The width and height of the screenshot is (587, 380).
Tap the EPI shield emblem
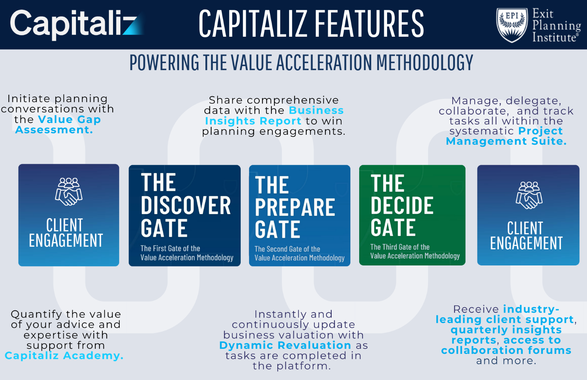(x=512, y=25)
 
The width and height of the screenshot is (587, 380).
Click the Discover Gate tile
(x=185, y=216)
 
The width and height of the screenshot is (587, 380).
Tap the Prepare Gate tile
(x=299, y=216)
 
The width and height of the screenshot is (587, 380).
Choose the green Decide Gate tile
(x=412, y=215)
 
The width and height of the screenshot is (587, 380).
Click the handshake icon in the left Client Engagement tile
(x=69, y=192)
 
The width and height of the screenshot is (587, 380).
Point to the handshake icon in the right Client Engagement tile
(x=529, y=195)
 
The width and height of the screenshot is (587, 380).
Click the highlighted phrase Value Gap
(x=69, y=119)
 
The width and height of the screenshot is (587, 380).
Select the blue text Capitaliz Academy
(x=64, y=355)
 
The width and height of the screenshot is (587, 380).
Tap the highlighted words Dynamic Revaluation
(x=285, y=345)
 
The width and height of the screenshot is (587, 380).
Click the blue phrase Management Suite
(x=506, y=141)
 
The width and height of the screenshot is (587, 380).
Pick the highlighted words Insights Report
(x=253, y=121)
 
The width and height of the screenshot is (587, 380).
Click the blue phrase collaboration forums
(x=506, y=350)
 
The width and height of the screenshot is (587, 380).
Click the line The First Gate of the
(x=170, y=249)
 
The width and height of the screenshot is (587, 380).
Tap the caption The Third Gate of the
(x=400, y=247)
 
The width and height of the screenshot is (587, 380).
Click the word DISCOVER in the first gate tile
(x=186, y=205)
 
